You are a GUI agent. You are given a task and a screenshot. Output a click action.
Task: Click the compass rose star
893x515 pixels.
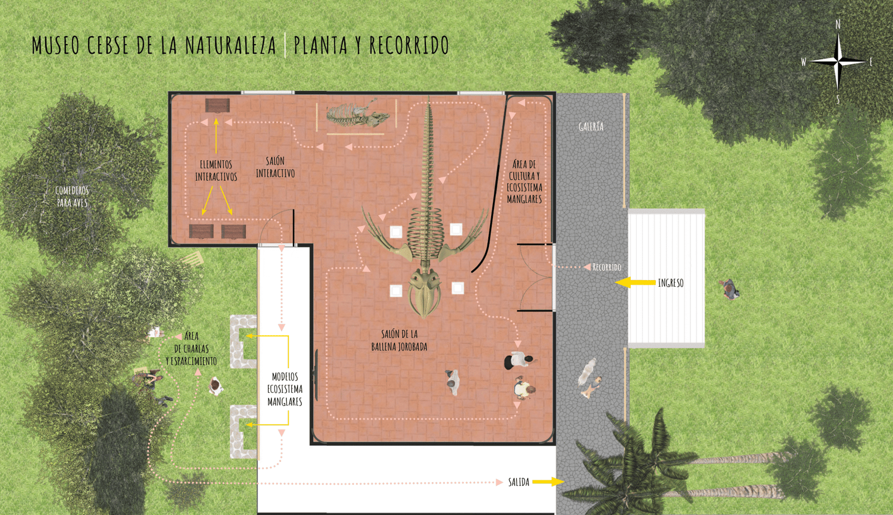838,62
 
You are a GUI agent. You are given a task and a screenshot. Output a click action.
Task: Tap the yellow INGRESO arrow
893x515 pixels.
635,283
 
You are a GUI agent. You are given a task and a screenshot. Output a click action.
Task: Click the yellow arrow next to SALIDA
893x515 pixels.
548,482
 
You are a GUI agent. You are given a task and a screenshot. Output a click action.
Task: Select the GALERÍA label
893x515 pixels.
591,127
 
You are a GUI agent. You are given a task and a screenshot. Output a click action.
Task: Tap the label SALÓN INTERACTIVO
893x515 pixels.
275,167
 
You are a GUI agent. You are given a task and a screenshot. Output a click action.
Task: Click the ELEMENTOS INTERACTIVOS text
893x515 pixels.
216,170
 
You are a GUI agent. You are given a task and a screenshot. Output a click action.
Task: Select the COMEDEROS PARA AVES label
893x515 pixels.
72,196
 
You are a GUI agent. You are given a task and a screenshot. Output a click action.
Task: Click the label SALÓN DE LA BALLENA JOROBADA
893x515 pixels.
399,340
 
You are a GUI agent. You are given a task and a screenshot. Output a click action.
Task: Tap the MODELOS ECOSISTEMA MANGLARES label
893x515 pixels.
285,389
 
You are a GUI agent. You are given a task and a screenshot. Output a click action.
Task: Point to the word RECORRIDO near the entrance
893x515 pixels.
606,267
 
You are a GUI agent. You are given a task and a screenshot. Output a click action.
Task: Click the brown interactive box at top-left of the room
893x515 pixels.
217,105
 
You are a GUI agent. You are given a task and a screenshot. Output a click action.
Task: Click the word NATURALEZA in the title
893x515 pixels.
231,45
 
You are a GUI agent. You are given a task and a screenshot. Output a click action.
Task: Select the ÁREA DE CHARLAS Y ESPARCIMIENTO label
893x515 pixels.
191,349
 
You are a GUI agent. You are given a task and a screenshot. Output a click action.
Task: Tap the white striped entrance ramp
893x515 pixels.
666,278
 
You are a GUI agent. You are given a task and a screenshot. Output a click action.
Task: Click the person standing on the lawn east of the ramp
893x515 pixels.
729,290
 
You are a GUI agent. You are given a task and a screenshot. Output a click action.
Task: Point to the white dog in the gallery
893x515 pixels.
587,371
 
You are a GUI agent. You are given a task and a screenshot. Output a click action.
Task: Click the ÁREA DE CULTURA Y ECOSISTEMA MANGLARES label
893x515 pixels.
524,181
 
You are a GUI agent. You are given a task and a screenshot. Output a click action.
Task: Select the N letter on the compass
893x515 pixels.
838,25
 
